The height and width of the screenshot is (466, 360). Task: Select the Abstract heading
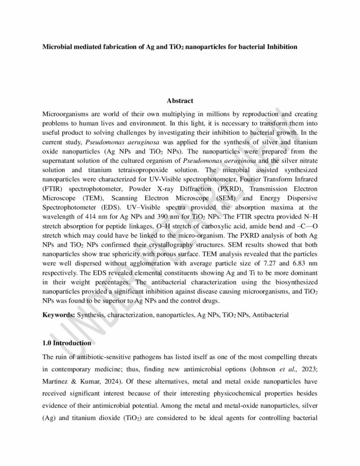(180, 101)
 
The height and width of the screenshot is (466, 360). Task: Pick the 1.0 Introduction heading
(67, 343)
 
